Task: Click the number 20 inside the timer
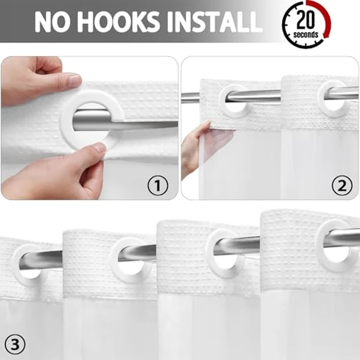(x=305, y=20)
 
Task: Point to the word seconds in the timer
(x=305, y=34)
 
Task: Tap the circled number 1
(x=157, y=185)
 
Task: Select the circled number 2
(x=342, y=185)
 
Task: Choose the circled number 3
(x=15, y=345)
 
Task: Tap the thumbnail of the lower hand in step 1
(x=99, y=147)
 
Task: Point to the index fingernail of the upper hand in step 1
(x=75, y=80)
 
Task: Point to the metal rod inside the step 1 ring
(x=92, y=121)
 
